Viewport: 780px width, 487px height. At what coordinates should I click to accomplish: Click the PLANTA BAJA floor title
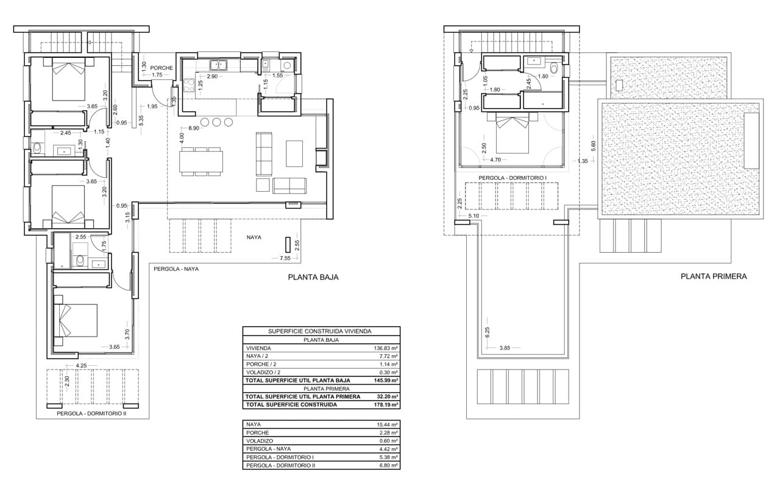pos(313,277)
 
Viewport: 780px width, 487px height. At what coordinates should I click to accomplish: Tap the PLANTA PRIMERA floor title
pos(714,276)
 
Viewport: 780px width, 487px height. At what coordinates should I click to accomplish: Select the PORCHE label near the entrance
pos(161,68)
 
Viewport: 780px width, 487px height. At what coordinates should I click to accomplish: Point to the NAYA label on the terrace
pos(254,237)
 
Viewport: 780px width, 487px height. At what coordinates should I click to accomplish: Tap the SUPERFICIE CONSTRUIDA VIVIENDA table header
pos(321,331)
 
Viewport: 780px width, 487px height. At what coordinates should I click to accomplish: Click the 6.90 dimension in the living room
pos(194,128)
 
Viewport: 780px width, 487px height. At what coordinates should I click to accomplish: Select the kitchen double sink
pos(218,65)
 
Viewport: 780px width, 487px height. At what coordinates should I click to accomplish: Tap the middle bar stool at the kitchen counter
pos(216,122)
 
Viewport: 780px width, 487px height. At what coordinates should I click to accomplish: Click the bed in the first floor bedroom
pos(512,133)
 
